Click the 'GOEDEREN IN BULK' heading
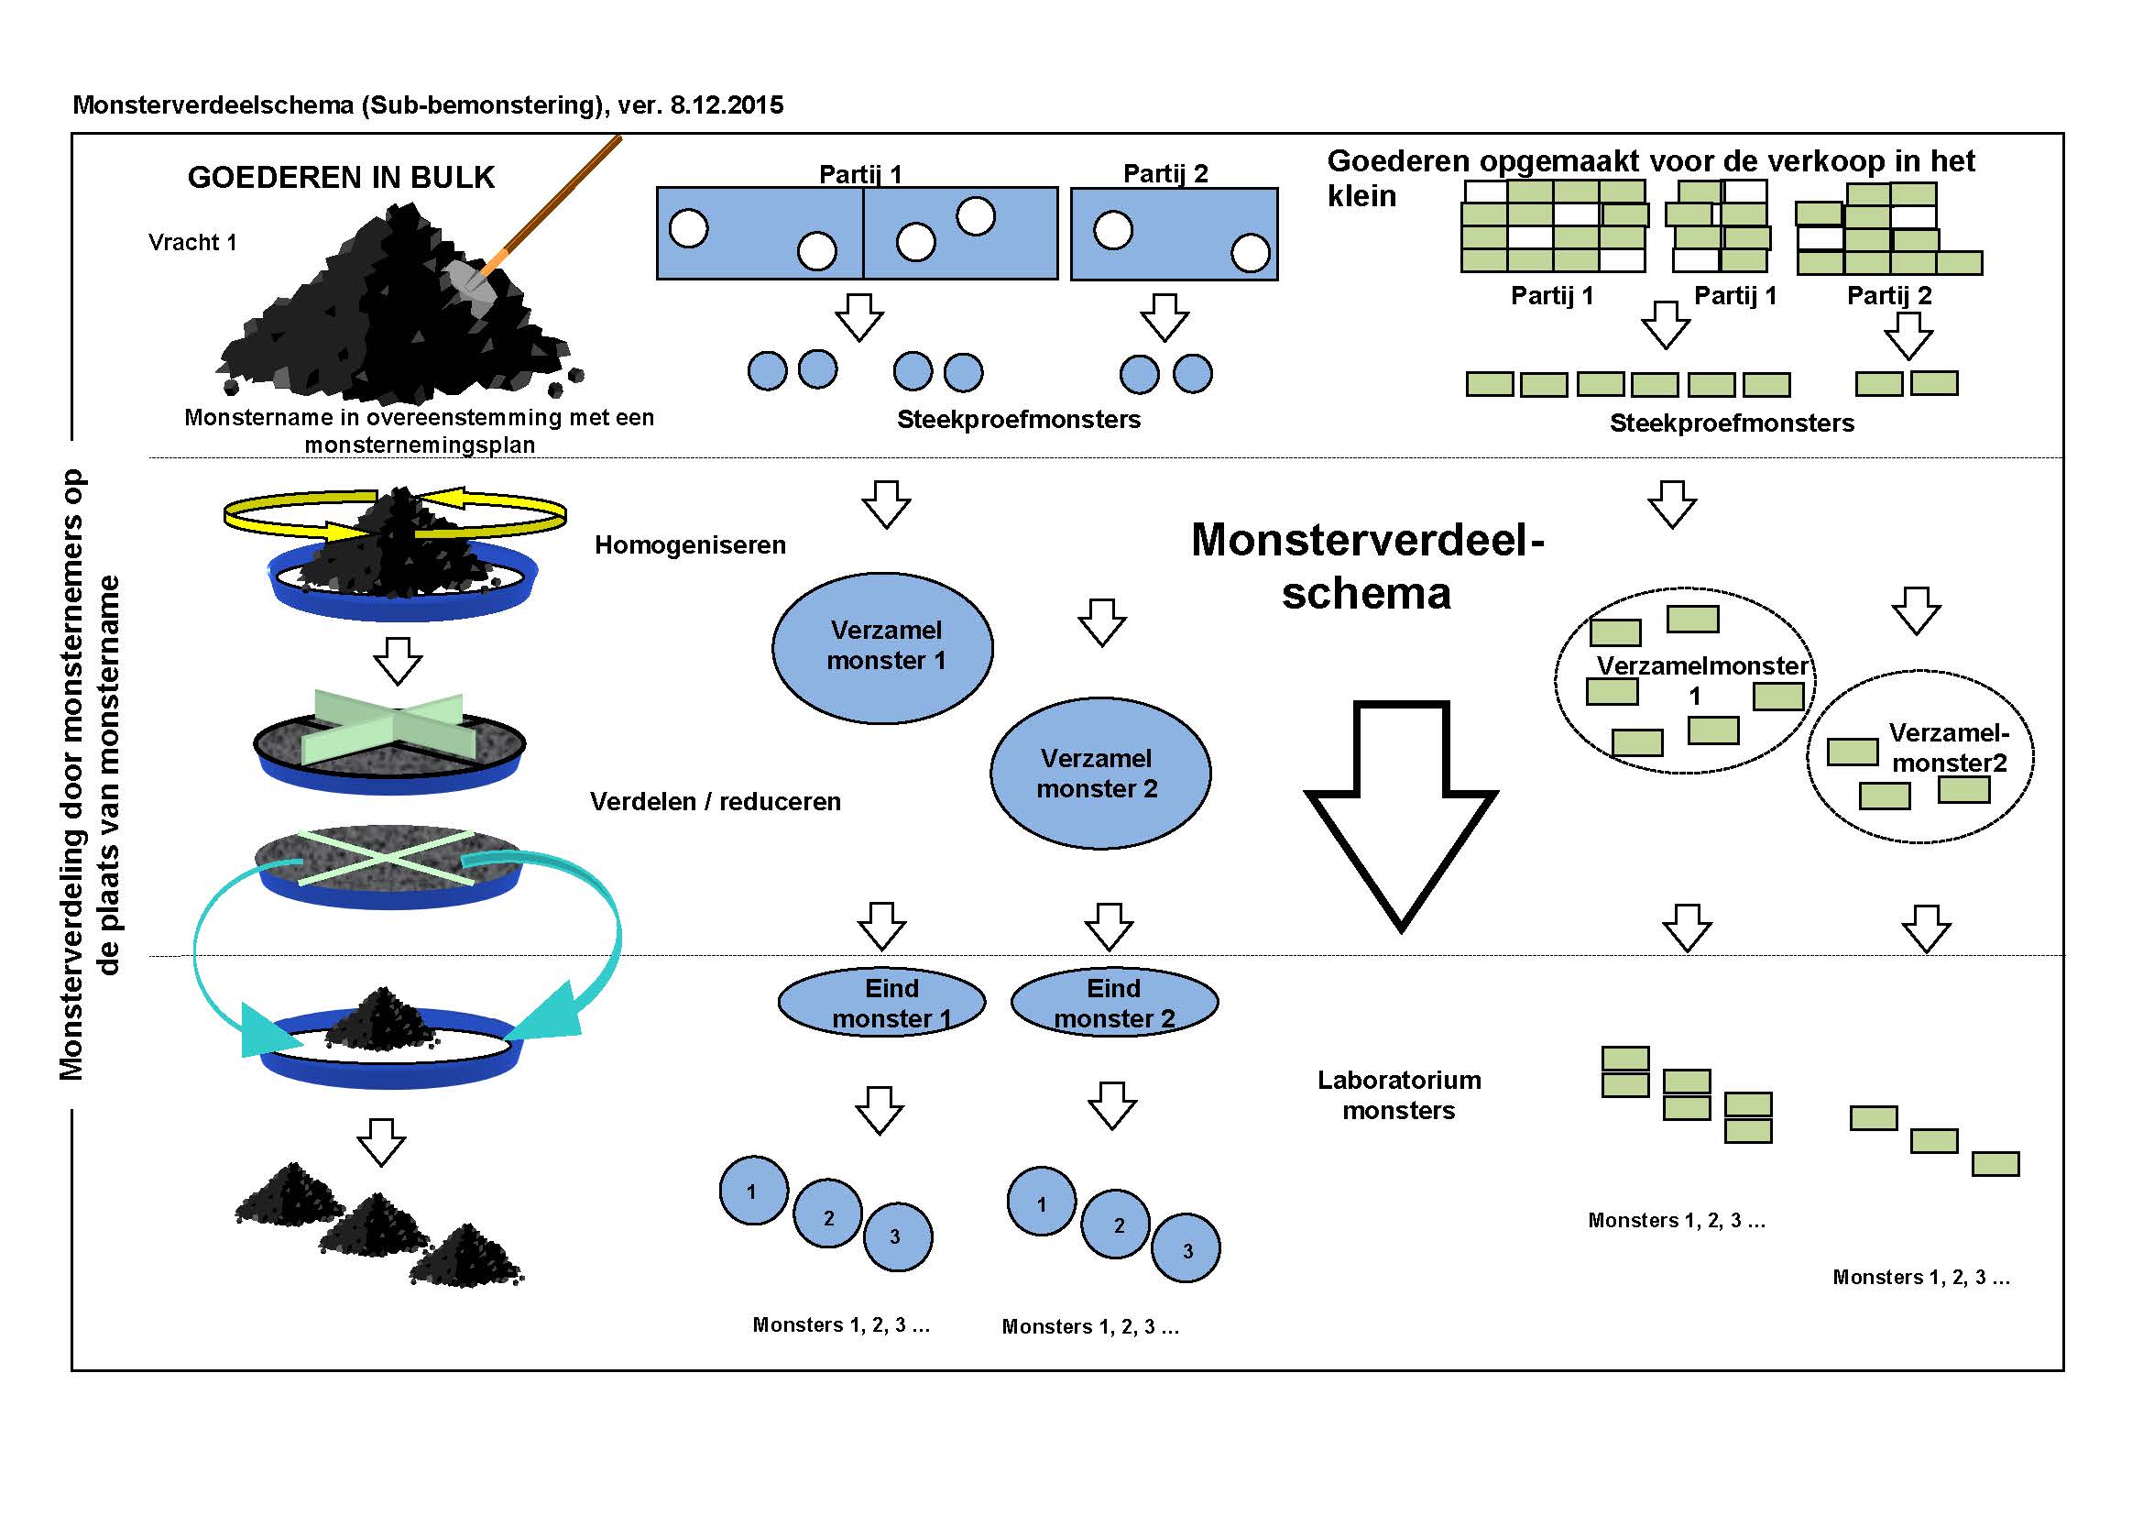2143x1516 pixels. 341,178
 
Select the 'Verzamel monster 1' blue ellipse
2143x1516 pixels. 882,647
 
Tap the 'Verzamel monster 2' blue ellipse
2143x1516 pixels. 1099,773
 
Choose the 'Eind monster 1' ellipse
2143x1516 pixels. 881,1003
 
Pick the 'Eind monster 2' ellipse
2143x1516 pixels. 1113,1003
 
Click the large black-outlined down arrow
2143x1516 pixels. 1400,812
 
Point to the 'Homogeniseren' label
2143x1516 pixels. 690,545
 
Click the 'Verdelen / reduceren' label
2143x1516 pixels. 715,802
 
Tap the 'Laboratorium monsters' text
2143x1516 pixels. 1398,1095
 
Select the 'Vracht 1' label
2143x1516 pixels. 192,243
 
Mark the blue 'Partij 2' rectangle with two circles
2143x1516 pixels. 1174,234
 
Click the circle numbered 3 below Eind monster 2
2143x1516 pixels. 1186,1249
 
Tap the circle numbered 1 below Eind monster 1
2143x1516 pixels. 752,1192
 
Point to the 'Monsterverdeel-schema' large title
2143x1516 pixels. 1367,566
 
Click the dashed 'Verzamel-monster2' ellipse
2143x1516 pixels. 1919,756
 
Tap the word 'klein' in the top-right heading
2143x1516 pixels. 1361,197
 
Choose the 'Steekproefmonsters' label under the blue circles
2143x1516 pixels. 1018,420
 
